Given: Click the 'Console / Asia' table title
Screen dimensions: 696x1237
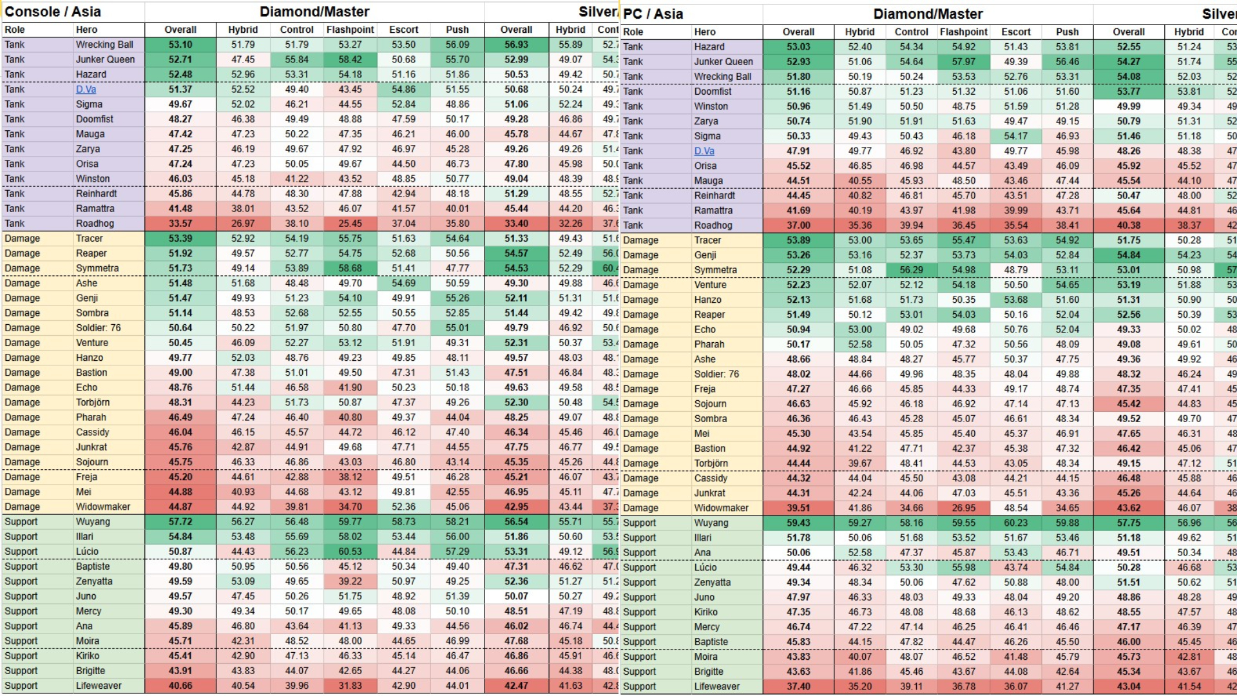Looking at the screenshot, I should (x=53, y=12).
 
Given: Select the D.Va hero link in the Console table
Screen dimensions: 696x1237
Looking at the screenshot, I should (x=86, y=90).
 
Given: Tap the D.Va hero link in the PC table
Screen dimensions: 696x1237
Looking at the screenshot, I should (x=704, y=151).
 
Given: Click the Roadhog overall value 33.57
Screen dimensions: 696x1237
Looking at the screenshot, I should (x=180, y=224).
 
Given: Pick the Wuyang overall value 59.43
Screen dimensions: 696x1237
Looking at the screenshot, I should (x=798, y=523).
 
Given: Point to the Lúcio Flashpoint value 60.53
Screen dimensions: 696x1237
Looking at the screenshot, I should (x=350, y=552).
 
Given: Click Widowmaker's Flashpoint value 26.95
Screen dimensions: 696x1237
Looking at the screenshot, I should (x=963, y=508).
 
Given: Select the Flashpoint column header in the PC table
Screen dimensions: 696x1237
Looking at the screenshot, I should (x=963, y=32).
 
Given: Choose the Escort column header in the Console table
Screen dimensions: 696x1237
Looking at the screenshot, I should (x=403, y=30).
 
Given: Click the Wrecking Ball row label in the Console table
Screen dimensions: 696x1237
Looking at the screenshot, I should (x=104, y=44).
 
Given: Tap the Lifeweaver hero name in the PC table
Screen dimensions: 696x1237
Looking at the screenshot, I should (x=716, y=686).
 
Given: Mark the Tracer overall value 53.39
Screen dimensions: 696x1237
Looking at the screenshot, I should (x=180, y=238).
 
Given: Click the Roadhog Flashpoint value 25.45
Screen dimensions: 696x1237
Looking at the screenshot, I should (x=350, y=224).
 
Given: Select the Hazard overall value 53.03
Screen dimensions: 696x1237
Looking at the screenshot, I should (x=798, y=46).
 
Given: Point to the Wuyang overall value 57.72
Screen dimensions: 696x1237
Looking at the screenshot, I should (x=180, y=521).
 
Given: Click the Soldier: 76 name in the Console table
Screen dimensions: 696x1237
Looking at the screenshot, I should (x=98, y=327).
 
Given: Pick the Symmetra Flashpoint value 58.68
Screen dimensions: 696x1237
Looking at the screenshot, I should (x=350, y=268).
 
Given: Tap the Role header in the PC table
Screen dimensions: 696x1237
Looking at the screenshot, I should (x=633, y=32).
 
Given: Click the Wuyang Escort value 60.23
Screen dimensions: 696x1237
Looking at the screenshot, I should (x=1015, y=523).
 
